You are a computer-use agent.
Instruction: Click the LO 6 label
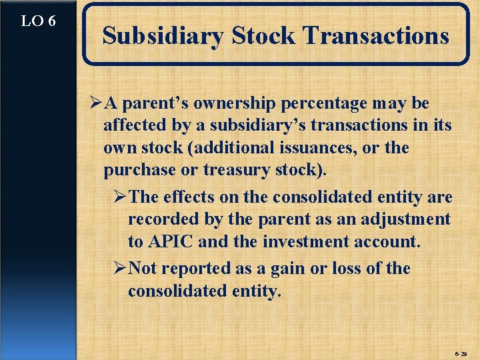(x=38, y=21)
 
